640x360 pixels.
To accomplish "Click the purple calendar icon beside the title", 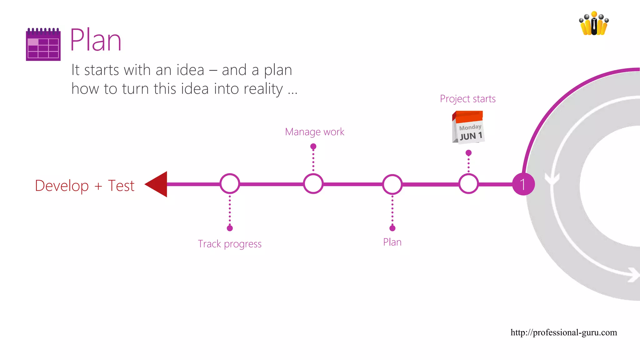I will [x=43, y=44].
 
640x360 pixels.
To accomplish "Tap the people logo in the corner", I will [x=594, y=23].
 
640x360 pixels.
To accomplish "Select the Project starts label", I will [x=467, y=99].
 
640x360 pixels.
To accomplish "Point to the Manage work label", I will [x=314, y=132].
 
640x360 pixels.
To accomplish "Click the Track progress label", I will [x=230, y=244].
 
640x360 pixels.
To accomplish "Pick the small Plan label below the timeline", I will [x=392, y=242].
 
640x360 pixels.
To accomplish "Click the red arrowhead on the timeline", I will [x=157, y=184].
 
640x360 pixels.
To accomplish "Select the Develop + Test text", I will [x=85, y=186].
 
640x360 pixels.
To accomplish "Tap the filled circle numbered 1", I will [x=523, y=184].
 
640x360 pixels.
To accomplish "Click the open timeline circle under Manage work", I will [x=313, y=184].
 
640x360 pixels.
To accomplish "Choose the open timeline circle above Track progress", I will [x=230, y=184].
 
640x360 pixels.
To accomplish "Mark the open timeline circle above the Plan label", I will [x=392, y=184].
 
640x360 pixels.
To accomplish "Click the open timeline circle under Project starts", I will [x=468, y=184].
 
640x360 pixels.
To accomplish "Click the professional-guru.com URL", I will [x=564, y=332].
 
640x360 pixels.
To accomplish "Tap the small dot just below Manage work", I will [x=313, y=146].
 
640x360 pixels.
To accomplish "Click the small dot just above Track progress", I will [x=230, y=228].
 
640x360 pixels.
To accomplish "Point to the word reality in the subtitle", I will [x=263, y=89].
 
